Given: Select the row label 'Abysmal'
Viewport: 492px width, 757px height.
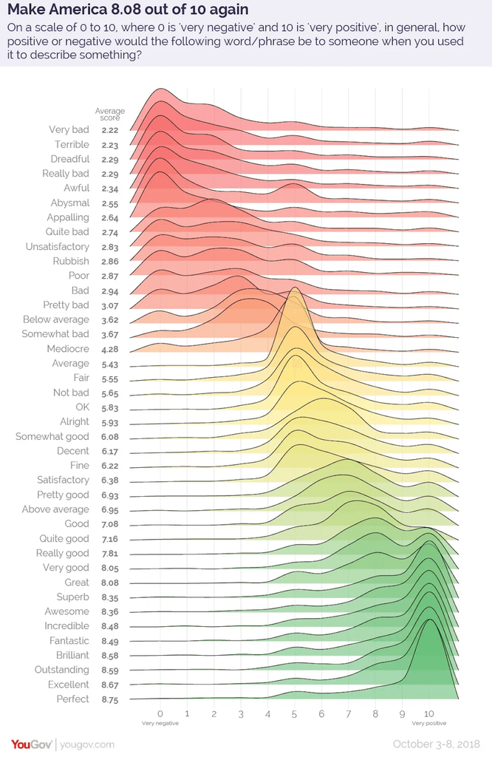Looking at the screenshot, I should coord(70,203).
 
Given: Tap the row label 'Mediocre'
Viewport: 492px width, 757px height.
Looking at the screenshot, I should coord(68,349).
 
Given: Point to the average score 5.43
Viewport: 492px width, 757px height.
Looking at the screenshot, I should coord(110,364).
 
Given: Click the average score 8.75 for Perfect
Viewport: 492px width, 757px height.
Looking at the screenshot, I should coord(110,699).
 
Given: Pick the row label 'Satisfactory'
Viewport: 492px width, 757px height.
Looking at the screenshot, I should coord(64,480).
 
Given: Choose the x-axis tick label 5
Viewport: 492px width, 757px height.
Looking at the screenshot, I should coord(294,714).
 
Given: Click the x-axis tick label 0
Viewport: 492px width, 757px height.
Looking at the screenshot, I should coord(160,714).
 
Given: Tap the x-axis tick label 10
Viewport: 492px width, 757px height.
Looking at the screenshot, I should coord(429,714).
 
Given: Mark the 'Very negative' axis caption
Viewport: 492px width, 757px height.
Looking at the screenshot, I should coord(160,723).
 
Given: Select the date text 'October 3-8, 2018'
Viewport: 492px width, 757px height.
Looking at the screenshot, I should coord(438,744).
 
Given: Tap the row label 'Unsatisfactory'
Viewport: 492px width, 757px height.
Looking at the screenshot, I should coord(57,247).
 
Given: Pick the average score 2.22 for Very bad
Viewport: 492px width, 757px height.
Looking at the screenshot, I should coord(110,130).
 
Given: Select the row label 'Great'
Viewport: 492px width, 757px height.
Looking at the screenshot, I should coord(76,583).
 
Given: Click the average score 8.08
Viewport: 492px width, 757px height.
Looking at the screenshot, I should coord(110,583).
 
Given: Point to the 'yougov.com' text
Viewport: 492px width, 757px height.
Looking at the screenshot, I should coord(87,744).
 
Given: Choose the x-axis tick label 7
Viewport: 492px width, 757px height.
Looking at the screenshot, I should coord(348,714).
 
